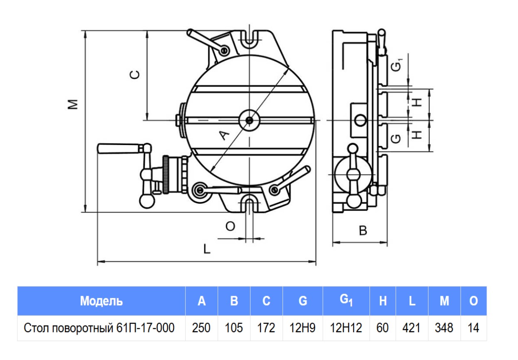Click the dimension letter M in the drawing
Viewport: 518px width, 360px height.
(x=74, y=104)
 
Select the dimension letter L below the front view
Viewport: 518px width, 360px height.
(x=207, y=249)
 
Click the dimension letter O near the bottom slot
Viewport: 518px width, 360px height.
(x=230, y=226)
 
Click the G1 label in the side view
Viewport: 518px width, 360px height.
(x=398, y=66)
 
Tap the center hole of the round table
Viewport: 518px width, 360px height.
(x=249, y=121)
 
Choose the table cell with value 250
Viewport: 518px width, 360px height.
(x=201, y=328)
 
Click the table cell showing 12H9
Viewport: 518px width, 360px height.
(x=302, y=328)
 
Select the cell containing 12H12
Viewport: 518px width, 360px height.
(x=346, y=328)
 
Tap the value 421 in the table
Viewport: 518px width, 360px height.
(x=411, y=328)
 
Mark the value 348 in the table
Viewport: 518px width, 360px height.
(x=444, y=328)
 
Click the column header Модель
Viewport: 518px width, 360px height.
(x=101, y=301)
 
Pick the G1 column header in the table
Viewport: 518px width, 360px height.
(x=346, y=300)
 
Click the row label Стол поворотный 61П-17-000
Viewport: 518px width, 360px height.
(x=99, y=328)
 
